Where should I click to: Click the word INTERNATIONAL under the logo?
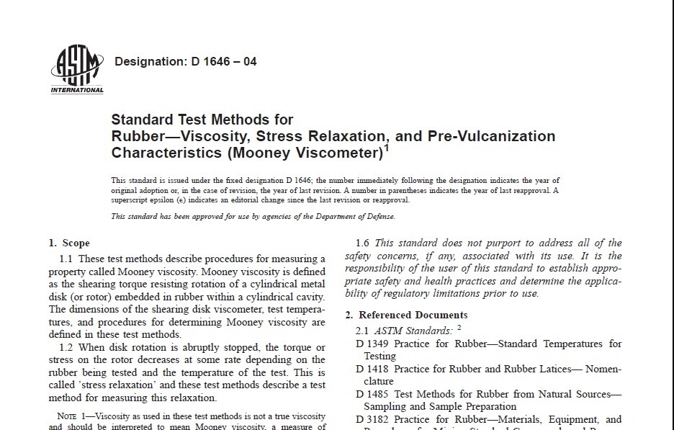pos(77,90)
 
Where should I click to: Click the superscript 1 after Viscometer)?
pos(387,148)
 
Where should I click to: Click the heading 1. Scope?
pos(69,243)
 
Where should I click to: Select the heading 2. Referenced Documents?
pos(406,315)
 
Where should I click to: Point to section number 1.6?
pos(364,243)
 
